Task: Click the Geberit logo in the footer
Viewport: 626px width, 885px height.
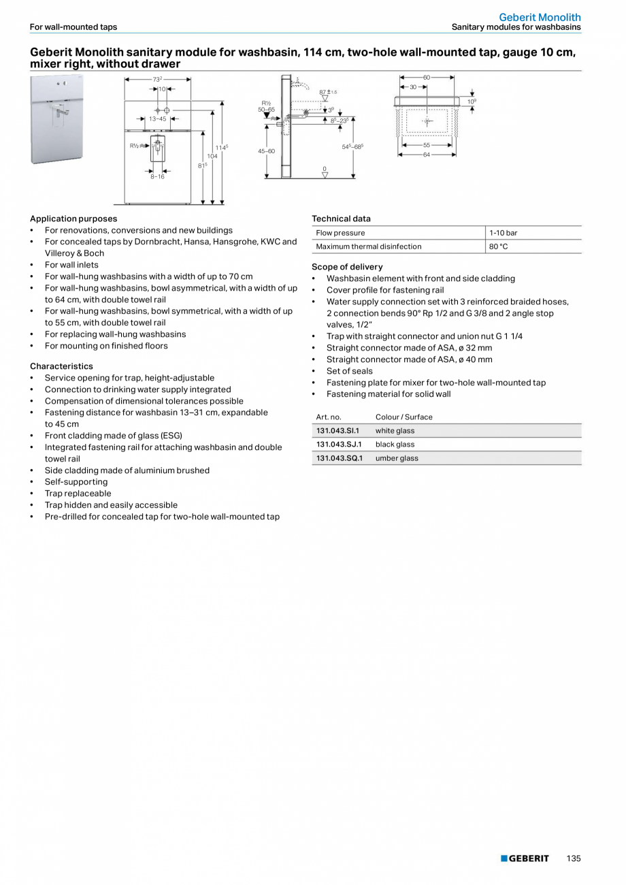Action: (x=525, y=858)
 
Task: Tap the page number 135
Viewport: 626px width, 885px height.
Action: (x=574, y=858)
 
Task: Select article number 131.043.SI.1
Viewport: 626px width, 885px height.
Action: (x=337, y=431)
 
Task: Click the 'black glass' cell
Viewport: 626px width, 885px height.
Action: (x=395, y=445)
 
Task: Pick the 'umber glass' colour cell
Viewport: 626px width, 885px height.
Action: (x=397, y=458)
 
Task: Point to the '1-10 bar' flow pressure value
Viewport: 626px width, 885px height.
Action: (x=503, y=233)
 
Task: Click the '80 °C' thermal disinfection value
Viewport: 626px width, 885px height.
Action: (x=499, y=246)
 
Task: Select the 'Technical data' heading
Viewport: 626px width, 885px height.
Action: (x=341, y=219)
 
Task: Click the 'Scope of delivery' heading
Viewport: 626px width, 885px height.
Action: (x=347, y=267)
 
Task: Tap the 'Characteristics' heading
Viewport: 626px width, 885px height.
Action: (x=61, y=366)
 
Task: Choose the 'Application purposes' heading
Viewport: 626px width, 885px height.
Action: (x=73, y=219)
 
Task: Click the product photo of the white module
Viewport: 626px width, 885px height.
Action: (x=56, y=120)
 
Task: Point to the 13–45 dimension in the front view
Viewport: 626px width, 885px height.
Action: (x=157, y=118)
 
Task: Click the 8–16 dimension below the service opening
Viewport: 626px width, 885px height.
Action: (x=157, y=177)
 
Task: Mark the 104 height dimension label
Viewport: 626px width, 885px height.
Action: (x=212, y=156)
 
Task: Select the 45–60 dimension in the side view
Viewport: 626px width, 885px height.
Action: (x=266, y=151)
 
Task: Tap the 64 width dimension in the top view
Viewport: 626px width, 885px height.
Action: (x=427, y=155)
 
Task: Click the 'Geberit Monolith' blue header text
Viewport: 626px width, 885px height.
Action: (x=540, y=17)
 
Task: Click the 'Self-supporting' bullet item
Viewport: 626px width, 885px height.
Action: (x=76, y=482)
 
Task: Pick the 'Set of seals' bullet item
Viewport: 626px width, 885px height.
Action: (x=349, y=371)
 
